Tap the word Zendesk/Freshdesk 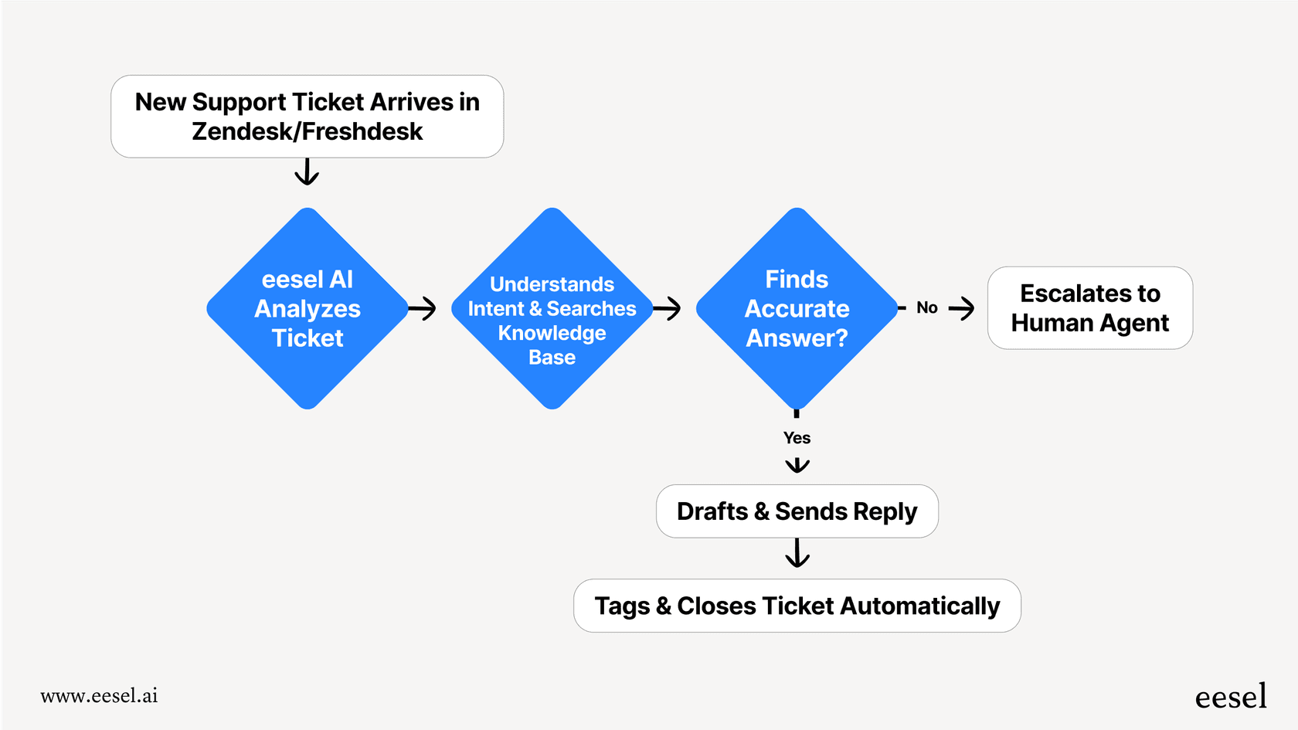click(307, 132)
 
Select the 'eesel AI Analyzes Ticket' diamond click(308, 308)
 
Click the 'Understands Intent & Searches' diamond click(552, 309)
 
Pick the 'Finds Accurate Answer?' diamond click(797, 308)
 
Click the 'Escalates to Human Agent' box click(1089, 308)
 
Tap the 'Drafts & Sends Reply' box click(797, 511)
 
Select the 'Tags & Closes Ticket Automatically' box click(797, 606)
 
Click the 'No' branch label click(926, 308)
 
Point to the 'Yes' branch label click(797, 438)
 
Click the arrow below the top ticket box click(307, 172)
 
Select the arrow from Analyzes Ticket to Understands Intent click(423, 309)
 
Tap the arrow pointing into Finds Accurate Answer click(668, 309)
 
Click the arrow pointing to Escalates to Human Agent click(961, 309)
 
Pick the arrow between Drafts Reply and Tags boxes click(797, 553)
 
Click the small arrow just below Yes click(797, 465)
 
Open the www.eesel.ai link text click(99, 696)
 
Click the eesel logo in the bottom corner click(1230, 697)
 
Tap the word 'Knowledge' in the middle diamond click(552, 333)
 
